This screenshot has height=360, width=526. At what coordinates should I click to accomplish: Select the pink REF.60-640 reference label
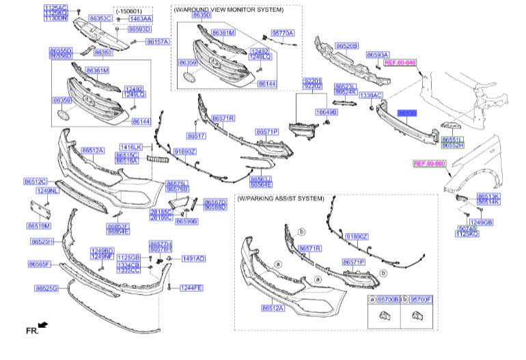pyautogui.click(x=400, y=62)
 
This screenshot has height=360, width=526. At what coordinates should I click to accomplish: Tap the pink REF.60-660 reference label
pyautogui.click(x=429, y=164)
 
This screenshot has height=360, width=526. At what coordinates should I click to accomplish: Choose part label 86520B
pyautogui.click(x=346, y=46)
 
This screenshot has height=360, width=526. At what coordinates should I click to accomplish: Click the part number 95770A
pyautogui.click(x=282, y=32)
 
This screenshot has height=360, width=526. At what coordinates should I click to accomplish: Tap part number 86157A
pyautogui.click(x=157, y=42)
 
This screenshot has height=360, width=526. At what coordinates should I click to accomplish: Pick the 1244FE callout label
pyautogui.click(x=192, y=288)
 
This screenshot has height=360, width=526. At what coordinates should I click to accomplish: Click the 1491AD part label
pyautogui.click(x=193, y=259)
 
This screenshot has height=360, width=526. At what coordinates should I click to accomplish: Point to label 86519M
pyautogui.click(x=39, y=225)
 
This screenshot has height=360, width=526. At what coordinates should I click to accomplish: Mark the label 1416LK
pyautogui.click(x=130, y=147)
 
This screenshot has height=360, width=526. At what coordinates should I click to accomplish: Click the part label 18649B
pyautogui.click(x=326, y=111)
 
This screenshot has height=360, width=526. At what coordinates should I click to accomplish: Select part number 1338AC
pyautogui.click(x=371, y=95)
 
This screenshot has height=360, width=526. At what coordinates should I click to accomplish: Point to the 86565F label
pyautogui.click(x=40, y=264)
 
